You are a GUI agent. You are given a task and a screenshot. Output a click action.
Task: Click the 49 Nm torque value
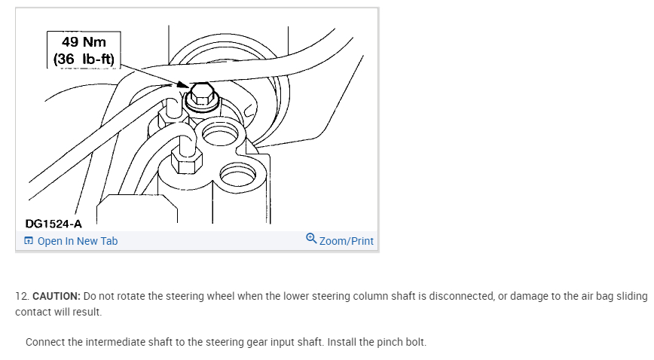tap(84, 41)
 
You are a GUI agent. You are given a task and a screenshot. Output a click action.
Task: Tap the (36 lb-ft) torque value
tap(84, 58)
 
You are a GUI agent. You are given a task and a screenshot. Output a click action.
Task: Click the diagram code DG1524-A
tap(53, 223)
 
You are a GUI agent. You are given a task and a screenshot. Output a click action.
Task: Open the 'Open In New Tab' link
tap(77, 241)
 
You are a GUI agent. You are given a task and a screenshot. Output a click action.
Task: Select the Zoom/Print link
tap(346, 241)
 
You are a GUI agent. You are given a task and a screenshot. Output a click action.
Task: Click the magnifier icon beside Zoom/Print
tap(312, 239)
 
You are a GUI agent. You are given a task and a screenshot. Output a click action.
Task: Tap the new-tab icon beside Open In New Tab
tap(29, 241)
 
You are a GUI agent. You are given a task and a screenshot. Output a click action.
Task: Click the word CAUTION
tap(56, 296)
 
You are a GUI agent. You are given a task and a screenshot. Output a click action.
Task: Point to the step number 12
tap(21, 296)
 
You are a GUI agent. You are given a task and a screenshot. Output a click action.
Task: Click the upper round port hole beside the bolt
tap(219, 136)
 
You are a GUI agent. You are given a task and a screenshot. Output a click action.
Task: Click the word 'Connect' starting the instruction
tap(46, 342)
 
